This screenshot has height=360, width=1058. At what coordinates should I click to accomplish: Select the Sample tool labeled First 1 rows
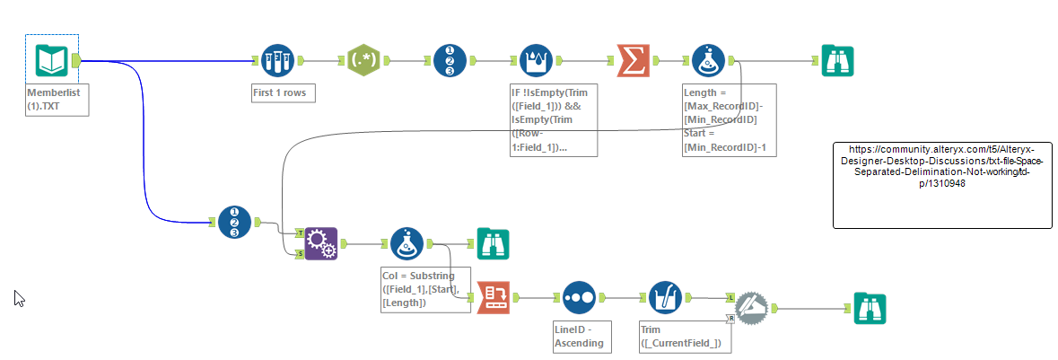(x=277, y=61)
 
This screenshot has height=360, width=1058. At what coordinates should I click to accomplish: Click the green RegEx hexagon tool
(x=363, y=61)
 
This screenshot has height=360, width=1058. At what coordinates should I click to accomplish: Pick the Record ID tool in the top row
(x=450, y=61)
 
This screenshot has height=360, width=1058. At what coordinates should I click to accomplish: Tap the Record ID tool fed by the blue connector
(x=234, y=222)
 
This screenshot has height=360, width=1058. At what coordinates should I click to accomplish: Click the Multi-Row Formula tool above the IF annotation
(x=537, y=61)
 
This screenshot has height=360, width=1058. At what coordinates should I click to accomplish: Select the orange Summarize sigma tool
(x=634, y=61)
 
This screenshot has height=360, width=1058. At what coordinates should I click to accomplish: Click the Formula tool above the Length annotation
(x=709, y=61)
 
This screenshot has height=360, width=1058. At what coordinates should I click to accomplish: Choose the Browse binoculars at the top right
(x=838, y=61)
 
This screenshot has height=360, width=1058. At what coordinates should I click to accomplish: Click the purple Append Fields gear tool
(x=320, y=242)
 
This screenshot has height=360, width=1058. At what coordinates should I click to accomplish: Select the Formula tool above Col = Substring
(x=407, y=242)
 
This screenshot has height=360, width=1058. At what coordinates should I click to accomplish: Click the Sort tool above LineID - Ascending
(x=579, y=297)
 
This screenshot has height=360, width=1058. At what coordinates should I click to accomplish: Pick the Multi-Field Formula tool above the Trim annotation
(x=665, y=297)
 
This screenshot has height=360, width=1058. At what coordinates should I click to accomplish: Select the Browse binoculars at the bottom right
(x=870, y=308)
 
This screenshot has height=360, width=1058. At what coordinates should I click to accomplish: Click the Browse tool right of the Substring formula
(x=494, y=242)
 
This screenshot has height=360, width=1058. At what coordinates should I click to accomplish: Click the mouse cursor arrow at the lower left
(x=19, y=298)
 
